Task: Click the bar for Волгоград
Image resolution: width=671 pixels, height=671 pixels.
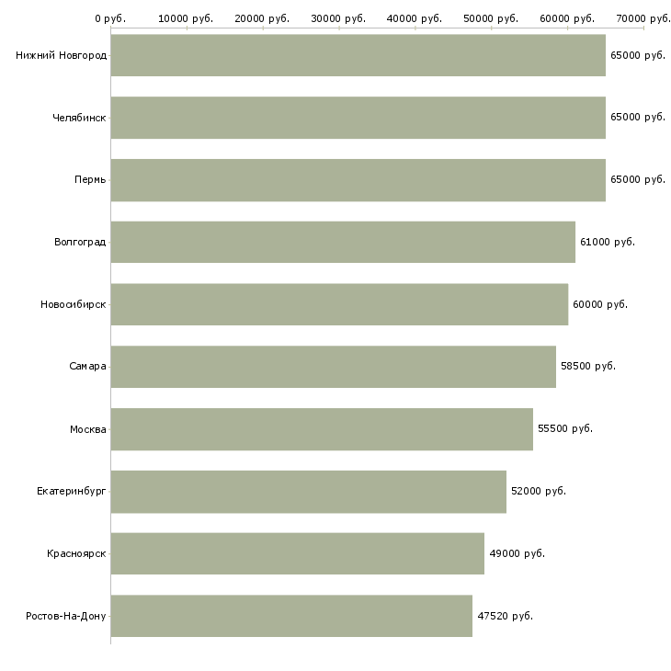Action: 343,242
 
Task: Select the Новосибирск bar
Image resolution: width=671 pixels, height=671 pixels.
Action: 339,304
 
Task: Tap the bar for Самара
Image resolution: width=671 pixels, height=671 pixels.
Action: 333,366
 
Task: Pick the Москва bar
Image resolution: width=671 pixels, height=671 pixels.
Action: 322,428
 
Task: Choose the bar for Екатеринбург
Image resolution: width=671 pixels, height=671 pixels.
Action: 308,491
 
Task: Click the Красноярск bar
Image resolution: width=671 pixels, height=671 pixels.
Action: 297,553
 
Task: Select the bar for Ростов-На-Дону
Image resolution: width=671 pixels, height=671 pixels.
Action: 291,616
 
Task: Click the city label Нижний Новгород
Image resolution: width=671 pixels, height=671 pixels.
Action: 61,55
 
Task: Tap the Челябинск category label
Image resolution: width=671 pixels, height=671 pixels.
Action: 79,118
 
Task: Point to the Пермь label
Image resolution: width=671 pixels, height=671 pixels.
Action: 90,179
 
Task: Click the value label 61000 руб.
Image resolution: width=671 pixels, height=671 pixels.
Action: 607,242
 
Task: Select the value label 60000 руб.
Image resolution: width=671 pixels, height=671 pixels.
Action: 599,304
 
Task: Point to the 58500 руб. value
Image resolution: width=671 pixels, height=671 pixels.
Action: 587,366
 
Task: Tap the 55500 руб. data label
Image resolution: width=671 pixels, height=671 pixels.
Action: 564,428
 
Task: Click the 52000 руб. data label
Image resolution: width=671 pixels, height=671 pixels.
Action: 538,491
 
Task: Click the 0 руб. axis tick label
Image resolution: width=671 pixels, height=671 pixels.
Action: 110,18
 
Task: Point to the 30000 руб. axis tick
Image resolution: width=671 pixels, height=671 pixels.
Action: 339,18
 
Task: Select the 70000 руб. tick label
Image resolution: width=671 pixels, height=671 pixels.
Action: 643,18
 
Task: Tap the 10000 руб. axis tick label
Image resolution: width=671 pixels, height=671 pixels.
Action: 187,18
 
